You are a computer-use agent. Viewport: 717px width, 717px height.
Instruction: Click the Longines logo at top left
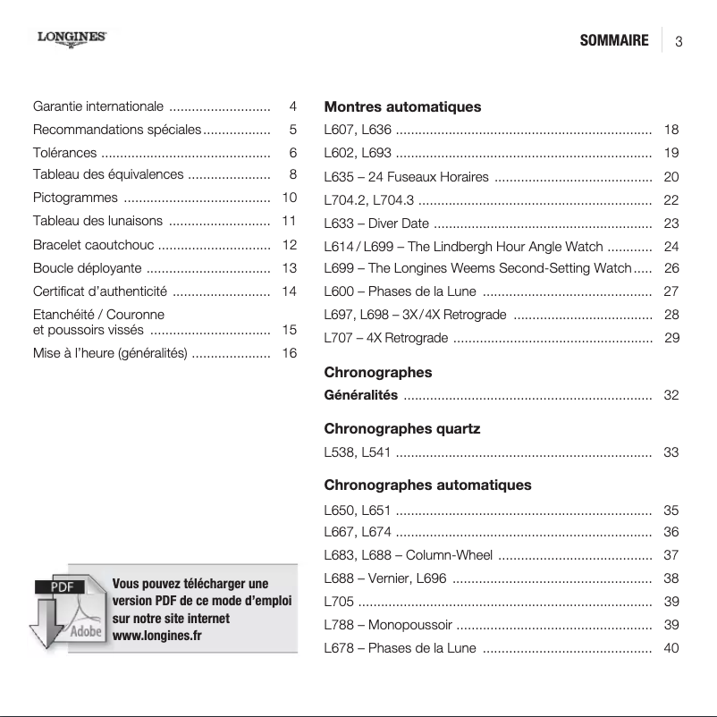pyautogui.click(x=72, y=38)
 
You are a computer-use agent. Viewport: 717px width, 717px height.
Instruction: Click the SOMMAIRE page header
pyautogui.click(x=613, y=41)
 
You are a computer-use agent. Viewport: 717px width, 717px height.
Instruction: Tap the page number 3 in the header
pyautogui.click(x=679, y=42)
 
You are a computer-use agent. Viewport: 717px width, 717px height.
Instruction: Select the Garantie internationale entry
pyautogui.click(x=98, y=106)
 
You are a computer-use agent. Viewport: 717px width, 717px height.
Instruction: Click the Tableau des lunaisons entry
pyautogui.click(x=98, y=221)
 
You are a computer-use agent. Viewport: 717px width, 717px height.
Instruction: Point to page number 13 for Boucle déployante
pyautogui.click(x=289, y=268)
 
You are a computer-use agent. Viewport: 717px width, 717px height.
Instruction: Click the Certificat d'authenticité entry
pyautogui.click(x=100, y=291)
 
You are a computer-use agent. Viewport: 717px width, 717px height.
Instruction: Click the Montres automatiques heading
pyautogui.click(x=402, y=106)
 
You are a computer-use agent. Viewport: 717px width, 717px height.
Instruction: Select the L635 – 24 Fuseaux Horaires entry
pyautogui.click(x=406, y=177)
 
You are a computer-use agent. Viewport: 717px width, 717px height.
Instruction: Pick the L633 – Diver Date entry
pyautogui.click(x=376, y=224)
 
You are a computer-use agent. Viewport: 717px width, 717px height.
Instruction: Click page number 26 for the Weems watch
pyautogui.click(x=671, y=268)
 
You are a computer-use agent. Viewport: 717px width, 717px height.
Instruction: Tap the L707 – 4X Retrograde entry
pyautogui.click(x=386, y=338)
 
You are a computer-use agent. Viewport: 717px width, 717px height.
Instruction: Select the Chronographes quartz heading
pyautogui.click(x=401, y=429)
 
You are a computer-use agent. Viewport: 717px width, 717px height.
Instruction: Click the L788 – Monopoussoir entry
pyautogui.click(x=388, y=624)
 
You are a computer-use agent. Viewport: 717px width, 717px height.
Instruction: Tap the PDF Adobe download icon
pyautogui.click(x=68, y=610)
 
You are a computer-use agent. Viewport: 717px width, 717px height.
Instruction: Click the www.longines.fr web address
pyautogui.click(x=156, y=636)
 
